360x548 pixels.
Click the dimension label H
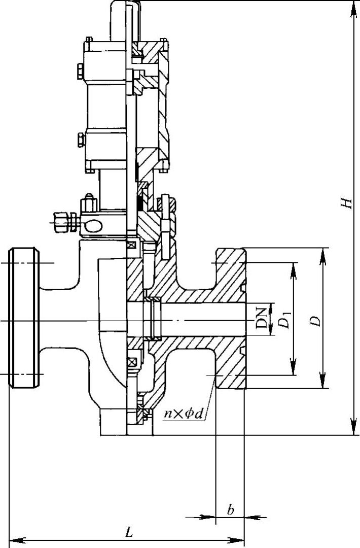pyautogui.click(x=347, y=202)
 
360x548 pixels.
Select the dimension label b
pyautogui.click(x=231, y=510)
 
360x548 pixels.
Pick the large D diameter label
pyautogui.click(x=315, y=321)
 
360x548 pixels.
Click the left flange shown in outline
pyautogui.click(x=24, y=319)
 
